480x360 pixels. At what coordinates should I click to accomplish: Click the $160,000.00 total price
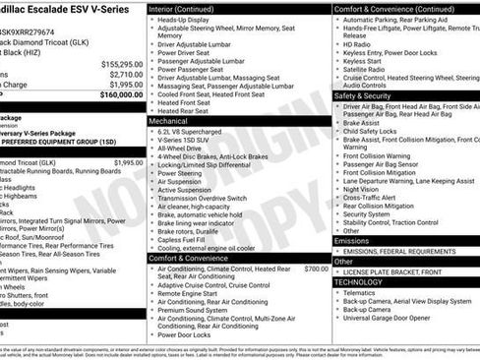click(x=121, y=94)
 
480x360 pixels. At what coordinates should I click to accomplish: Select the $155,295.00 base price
click(x=121, y=63)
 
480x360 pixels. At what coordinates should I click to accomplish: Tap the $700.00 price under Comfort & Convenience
click(x=316, y=269)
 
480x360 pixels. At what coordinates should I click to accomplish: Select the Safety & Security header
click(x=362, y=95)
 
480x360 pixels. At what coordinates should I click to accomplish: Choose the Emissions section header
click(x=352, y=240)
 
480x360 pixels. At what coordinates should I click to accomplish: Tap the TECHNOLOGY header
click(x=358, y=281)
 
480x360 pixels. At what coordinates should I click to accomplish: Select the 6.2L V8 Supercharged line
click(x=190, y=131)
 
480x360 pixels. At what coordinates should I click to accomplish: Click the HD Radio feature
click(x=357, y=44)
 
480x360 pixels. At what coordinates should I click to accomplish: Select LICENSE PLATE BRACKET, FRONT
click(x=392, y=270)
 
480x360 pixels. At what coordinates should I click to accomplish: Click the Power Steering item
click(x=180, y=173)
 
